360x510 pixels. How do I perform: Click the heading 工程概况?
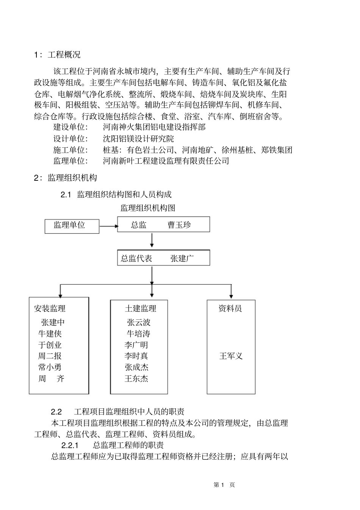64,55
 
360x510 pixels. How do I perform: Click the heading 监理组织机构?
72,177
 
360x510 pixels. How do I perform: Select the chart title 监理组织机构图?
148,208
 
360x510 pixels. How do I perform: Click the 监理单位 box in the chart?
72,225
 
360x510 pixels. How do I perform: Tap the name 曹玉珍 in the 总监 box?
179,225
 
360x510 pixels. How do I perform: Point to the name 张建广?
182,258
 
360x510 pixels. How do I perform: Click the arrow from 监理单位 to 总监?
108,226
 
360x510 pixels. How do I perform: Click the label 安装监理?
50,308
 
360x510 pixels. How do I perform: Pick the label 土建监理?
141,308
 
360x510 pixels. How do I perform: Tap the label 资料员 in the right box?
230,308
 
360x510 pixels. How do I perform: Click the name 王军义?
231,356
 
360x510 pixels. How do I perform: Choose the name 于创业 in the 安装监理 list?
50,345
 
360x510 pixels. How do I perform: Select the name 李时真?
136,356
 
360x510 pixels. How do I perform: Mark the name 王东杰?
136,378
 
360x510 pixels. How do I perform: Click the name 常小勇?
50,367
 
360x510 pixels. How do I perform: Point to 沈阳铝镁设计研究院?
139,138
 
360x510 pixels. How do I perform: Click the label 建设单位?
70,127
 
